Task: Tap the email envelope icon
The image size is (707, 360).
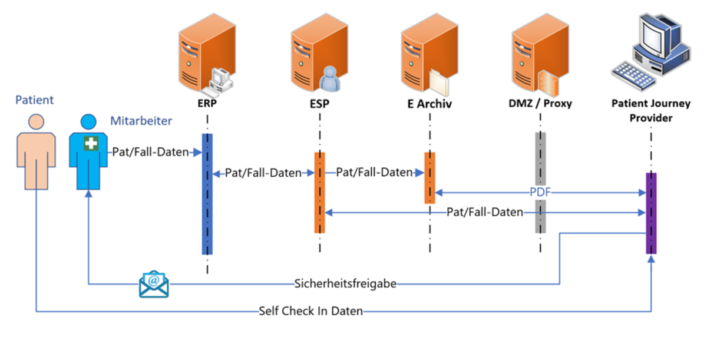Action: [x=153, y=284]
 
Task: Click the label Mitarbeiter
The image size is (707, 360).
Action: [x=141, y=121]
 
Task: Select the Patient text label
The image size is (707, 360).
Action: [x=34, y=100]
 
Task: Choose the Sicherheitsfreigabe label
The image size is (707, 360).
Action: [x=345, y=284]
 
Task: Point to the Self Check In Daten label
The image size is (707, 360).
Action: [x=310, y=311]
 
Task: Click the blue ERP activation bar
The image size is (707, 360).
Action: [x=207, y=194]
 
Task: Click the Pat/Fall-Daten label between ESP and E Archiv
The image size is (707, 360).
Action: [x=374, y=173]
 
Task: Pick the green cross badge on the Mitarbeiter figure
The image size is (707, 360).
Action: [x=90, y=143]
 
